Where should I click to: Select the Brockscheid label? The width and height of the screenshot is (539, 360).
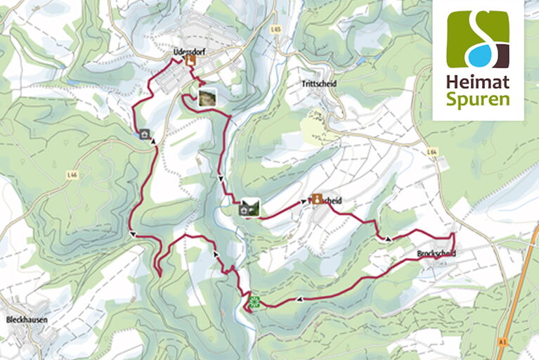(x=436, y=253)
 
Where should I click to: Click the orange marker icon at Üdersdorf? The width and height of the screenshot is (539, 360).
(x=190, y=61)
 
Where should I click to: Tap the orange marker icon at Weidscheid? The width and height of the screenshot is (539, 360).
(x=317, y=199)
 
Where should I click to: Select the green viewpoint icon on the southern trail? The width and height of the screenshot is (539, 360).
(x=254, y=303)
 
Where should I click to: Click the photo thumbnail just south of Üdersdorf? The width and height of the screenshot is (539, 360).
(x=207, y=96)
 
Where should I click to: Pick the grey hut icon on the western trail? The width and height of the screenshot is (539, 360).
(x=145, y=134)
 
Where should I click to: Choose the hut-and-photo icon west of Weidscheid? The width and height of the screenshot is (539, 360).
(x=249, y=207)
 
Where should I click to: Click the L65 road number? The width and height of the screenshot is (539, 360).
(x=275, y=30)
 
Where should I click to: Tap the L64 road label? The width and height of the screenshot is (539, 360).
(x=431, y=150)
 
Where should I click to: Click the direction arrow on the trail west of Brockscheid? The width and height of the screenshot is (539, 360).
(x=388, y=240)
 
